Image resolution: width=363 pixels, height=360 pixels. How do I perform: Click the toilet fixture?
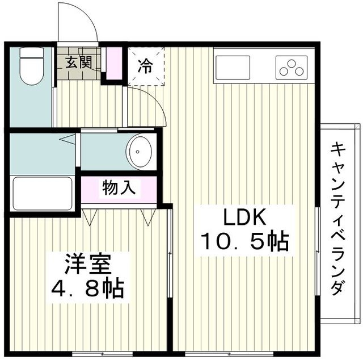32,65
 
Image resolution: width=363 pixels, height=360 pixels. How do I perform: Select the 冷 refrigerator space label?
146,66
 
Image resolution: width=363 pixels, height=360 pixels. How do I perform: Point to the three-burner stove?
291,68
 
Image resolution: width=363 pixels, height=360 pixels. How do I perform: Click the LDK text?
244,218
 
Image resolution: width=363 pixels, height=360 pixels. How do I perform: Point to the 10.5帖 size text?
244,242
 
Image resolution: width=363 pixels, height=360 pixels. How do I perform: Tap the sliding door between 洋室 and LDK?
170,261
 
